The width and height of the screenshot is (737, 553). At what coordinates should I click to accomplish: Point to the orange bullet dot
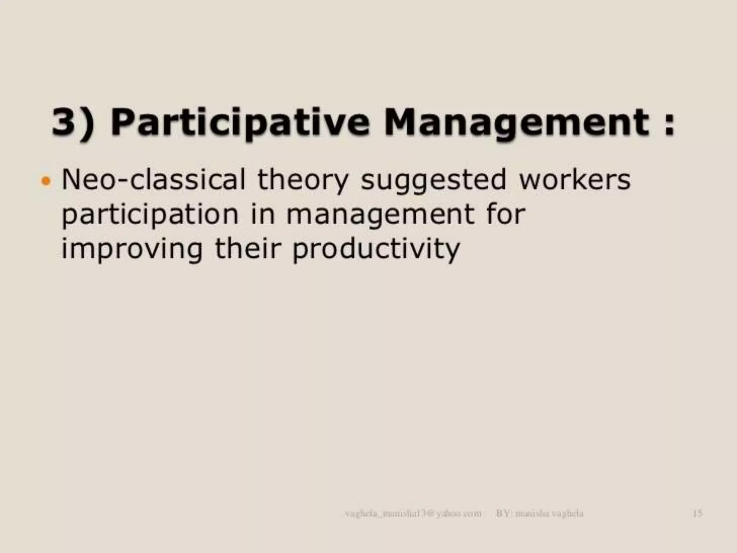coord(46,180)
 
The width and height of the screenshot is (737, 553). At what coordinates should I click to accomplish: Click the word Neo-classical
coord(154,180)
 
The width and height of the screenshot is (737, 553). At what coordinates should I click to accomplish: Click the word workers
coord(575,180)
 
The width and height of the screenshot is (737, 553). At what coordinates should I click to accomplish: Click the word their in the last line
coord(247,248)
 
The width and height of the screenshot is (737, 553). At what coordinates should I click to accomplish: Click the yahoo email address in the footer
coord(413,513)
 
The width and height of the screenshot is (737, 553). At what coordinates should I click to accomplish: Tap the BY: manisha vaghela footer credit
coord(539,513)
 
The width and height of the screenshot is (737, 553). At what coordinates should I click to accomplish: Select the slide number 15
coord(697,513)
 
